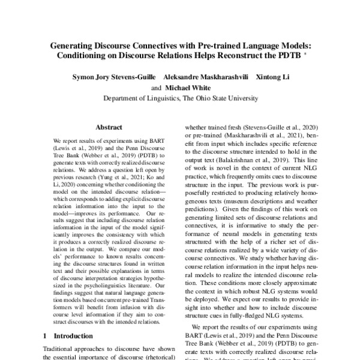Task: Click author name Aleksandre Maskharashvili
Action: [x=204, y=77]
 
